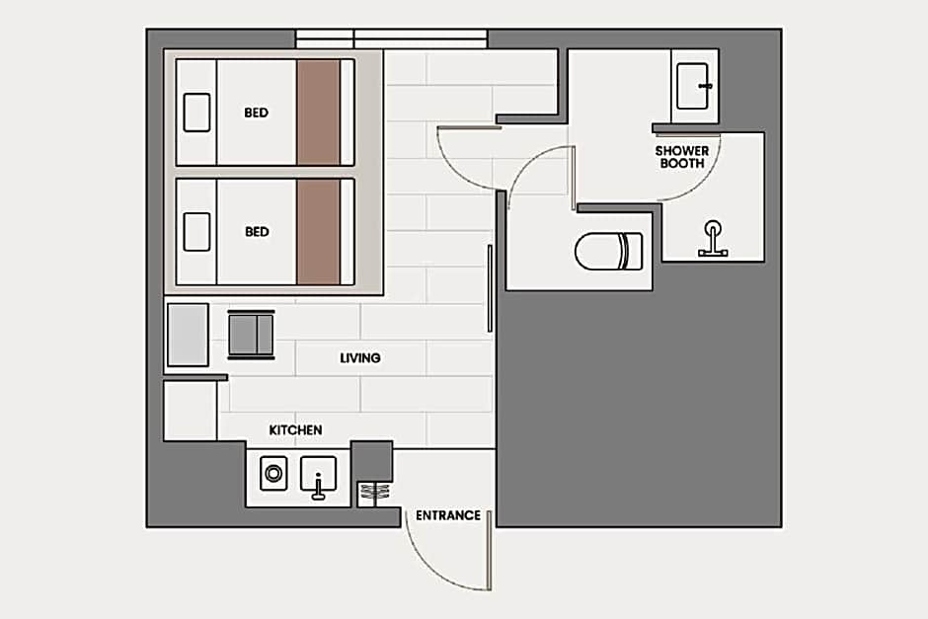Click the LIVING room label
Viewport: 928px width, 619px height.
point(359,358)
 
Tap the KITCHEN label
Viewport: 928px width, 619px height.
point(295,430)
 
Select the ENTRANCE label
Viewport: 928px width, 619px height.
point(448,515)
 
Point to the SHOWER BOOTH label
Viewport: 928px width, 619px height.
point(682,157)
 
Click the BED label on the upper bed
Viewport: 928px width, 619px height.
point(257,113)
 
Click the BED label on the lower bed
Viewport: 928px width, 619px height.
point(257,232)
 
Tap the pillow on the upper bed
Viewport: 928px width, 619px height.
point(196,113)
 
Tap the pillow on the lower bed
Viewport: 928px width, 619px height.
point(196,232)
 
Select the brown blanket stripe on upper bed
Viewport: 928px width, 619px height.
point(319,113)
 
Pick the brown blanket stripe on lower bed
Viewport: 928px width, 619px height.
point(319,232)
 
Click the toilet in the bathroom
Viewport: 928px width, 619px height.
point(609,251)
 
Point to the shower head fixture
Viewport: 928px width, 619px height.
point(713,239)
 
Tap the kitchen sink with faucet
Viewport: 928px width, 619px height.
point(319,477)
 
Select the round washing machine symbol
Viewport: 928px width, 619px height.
point(274,474)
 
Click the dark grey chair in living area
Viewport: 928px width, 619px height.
point(251,335)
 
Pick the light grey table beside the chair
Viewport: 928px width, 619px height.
point(188,335)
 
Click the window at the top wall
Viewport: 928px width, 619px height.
point(392,39)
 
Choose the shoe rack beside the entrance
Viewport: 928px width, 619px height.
point(374,494)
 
